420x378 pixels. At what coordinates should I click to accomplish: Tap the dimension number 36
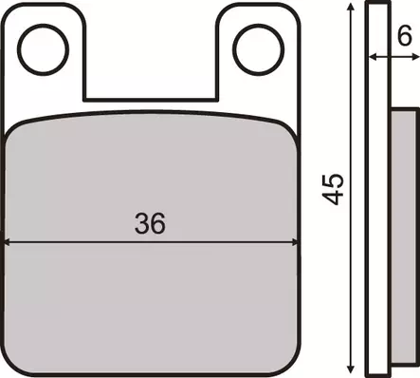pos(150,223)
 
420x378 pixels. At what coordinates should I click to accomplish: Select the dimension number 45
pos(333,189)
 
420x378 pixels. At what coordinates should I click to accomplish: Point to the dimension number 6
pos(404,38)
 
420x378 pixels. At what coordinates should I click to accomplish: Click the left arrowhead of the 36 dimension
pos(9,239)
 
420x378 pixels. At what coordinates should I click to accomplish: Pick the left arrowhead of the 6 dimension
pos(372,57)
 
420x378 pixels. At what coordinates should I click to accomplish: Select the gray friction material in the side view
pos(402,237)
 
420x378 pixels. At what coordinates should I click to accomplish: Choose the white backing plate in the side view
pos(378,190)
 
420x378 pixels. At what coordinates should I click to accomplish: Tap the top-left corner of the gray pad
pos(9,129)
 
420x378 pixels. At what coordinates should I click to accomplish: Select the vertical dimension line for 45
pos(351,285)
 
